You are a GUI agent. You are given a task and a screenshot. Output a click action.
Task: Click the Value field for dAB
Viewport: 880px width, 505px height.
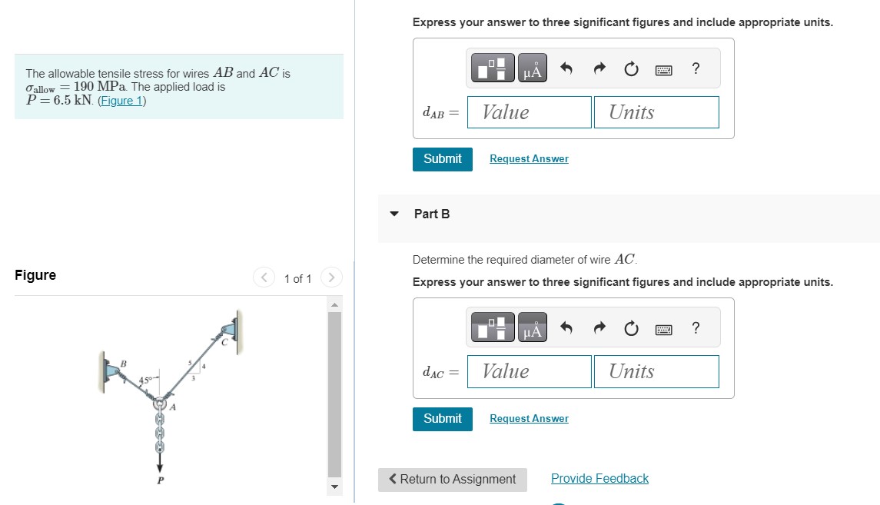click(x=530, y=112)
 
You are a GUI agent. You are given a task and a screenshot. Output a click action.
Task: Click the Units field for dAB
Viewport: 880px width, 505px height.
click(x=656, y=112)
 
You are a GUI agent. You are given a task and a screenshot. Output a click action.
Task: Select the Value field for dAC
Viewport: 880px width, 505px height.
click(x=530, y=371)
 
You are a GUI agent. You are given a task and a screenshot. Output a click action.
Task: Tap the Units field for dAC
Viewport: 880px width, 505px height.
click(x=656, y=371)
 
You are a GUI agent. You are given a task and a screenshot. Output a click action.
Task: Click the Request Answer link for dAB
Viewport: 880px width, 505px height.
click(x=529, y=159)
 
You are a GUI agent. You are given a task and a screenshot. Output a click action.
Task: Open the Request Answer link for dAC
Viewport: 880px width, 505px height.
click(x=529, y=419)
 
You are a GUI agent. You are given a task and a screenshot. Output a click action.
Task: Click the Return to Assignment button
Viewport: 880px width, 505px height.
click(x=453, y=480)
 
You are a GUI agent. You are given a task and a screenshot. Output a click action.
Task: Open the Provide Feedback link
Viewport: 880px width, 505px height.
click(x=599, y=479)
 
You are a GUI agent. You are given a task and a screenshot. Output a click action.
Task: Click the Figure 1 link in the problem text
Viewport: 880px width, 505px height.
click(x=121, y=101)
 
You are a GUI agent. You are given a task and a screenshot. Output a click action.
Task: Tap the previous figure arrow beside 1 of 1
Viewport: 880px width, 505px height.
click(x=264, y=277)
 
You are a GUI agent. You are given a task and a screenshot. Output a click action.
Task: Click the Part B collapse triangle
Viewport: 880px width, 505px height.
click(x=394, y=214)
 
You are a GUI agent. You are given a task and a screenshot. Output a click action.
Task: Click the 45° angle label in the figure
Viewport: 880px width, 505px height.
click(x=146, y=380)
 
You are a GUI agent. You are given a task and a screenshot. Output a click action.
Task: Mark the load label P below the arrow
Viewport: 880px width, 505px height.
click(x=161, y=481)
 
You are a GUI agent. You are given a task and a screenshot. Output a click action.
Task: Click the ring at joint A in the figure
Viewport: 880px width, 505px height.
click(x=160, y=404)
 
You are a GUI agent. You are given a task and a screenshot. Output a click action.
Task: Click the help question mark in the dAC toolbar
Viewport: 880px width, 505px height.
click(x=696, y=328)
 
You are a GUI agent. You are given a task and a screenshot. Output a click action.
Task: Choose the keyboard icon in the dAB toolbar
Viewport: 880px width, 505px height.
click(x=663, y=70)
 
